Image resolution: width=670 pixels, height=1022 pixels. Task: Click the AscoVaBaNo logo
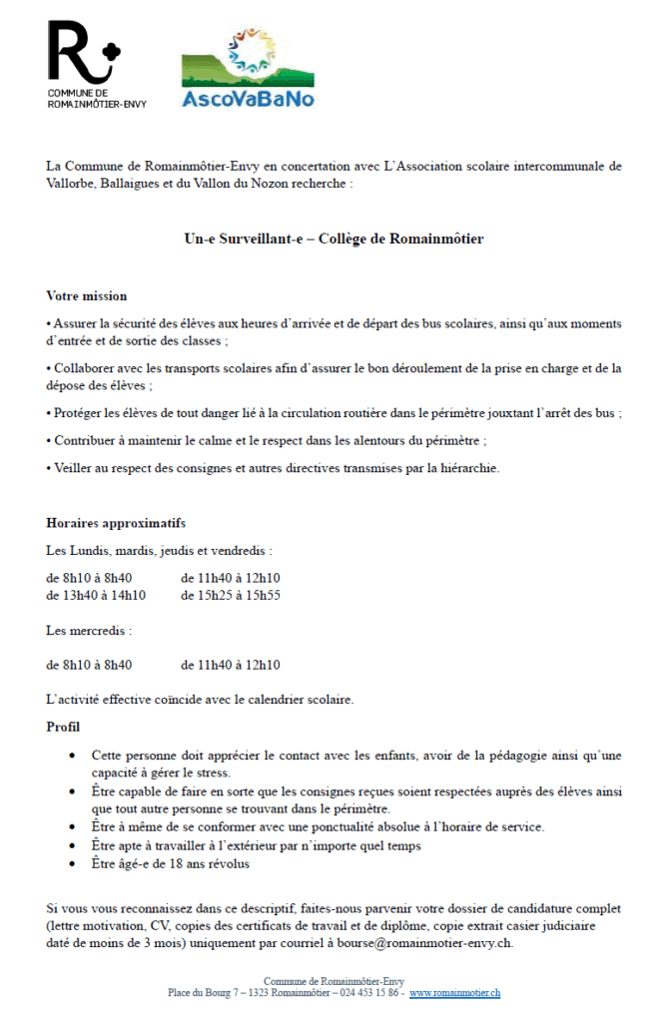tap(247, 68)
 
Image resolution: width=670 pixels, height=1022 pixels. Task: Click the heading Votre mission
tap(87, 296)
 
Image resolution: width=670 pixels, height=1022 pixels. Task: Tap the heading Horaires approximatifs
tap(116, 524)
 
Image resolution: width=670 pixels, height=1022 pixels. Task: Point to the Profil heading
tap(63, 727)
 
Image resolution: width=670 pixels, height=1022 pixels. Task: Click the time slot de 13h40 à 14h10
tap(96, 596)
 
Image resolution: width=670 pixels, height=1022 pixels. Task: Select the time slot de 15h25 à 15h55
tap(231, 596)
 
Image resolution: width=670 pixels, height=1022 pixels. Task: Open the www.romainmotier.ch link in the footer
tap(454, 993)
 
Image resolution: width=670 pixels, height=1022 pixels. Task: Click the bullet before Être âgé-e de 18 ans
tap(71, 863)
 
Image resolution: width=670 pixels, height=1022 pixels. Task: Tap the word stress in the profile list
tap(215, 772)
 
